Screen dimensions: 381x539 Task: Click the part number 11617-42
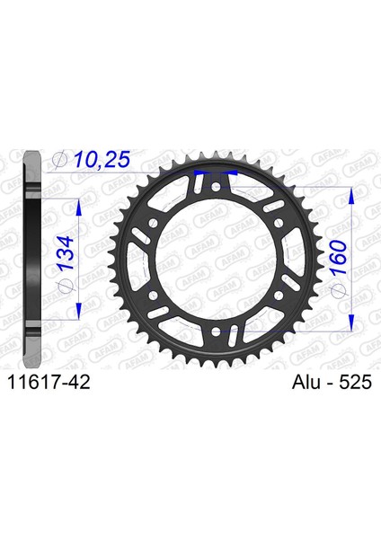coord(49,382)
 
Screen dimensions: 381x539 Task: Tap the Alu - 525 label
coord(332,382)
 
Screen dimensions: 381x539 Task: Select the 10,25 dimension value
coord(102,160)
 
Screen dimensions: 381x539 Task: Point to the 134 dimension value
coord(66,252)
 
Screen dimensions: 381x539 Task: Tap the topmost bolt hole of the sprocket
coord(216,188)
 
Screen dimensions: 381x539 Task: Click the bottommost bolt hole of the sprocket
coord(216,331)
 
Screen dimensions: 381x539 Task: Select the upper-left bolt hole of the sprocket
coord(153,224)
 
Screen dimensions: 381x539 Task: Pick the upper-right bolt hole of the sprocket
coord(279,224)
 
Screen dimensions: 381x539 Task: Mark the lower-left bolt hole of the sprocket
coord(153,295)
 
